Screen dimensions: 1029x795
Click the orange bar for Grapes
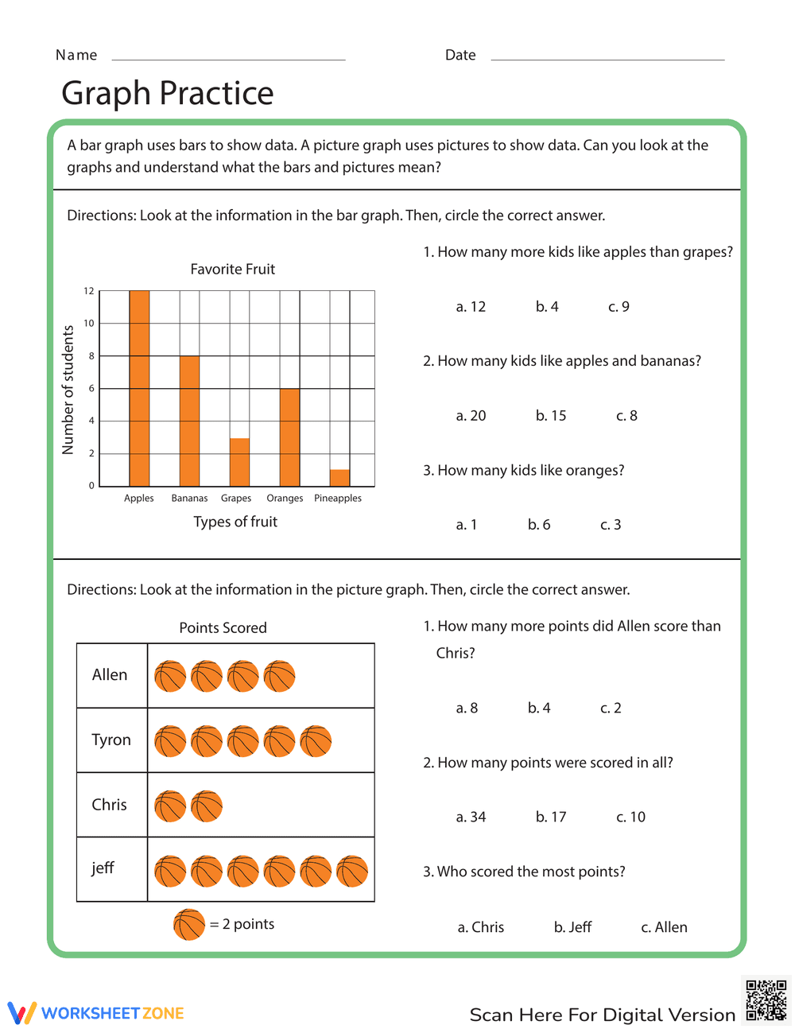239,462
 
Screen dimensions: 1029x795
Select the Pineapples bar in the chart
339,478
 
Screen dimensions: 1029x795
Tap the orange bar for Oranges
289,437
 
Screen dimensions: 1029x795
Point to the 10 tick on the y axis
89,324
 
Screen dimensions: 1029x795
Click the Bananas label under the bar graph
189,499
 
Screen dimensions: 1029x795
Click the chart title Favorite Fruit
233,270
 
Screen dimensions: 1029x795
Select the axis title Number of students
68,390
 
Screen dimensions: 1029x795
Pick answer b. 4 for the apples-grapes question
547,307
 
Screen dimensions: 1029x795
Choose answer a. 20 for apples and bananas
471,416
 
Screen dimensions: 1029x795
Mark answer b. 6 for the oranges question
539,525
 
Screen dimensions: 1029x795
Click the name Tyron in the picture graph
111,740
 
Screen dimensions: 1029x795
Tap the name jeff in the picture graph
103,868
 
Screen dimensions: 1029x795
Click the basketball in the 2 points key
189,925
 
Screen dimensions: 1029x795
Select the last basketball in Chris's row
207,806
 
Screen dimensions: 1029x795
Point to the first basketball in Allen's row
170,677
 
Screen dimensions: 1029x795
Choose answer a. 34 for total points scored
471,817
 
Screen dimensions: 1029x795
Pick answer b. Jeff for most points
572,927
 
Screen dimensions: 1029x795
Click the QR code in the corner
766,1000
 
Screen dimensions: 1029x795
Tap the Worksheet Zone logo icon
22,1013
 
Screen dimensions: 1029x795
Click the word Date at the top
460,55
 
